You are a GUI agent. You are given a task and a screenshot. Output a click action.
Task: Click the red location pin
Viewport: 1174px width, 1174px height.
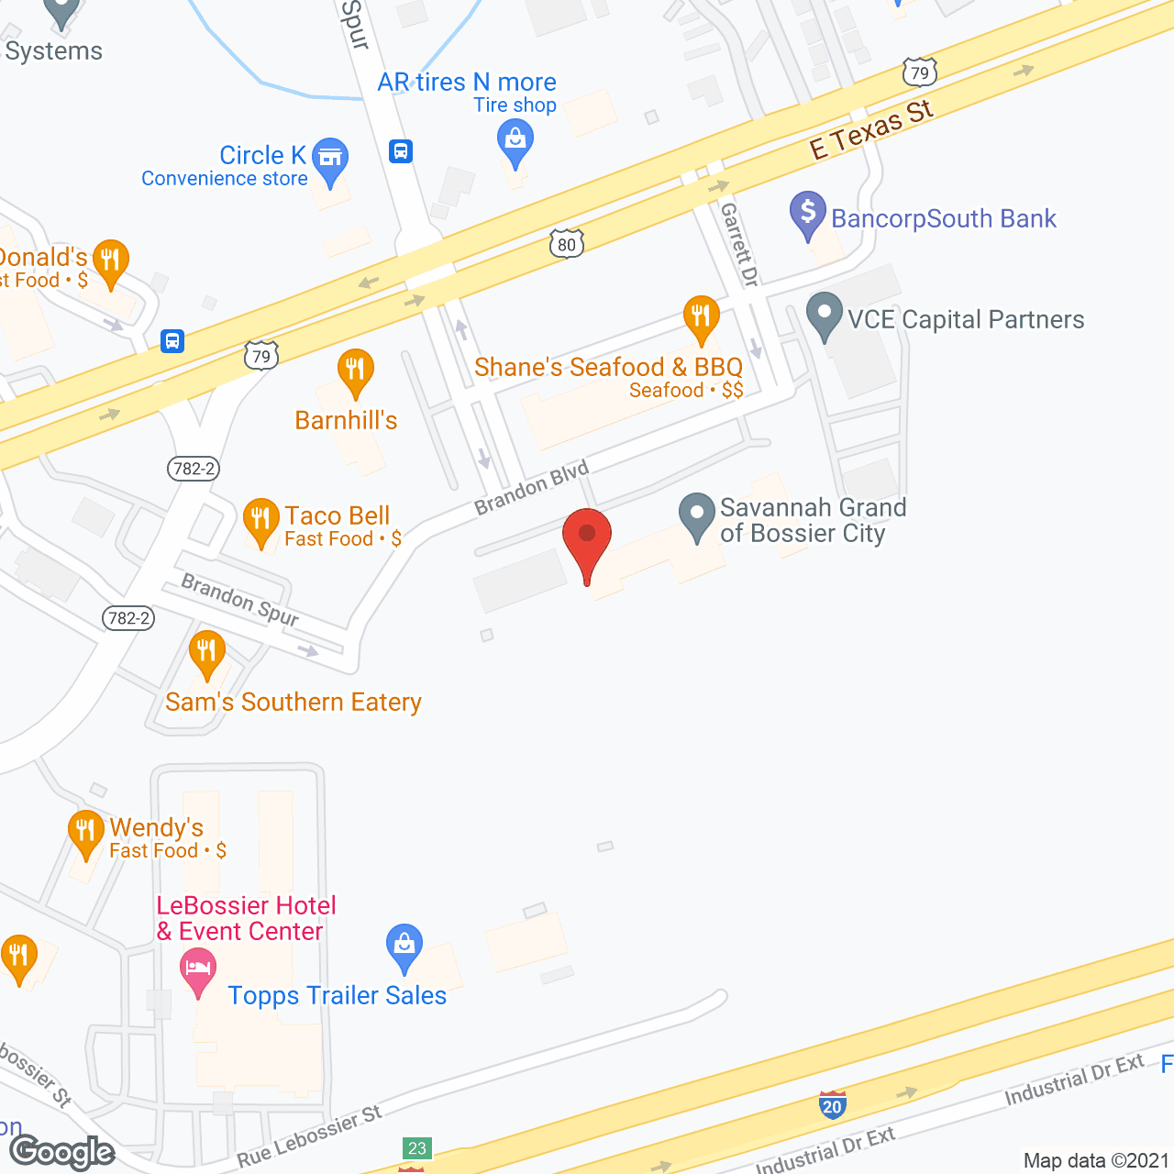point(586,537)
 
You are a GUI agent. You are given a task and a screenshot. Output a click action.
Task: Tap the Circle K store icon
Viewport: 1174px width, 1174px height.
point(330,158)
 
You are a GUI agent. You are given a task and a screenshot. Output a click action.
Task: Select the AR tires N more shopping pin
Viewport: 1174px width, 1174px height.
point(515,140)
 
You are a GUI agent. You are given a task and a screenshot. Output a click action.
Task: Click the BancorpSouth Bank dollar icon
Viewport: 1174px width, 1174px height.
point(808,212)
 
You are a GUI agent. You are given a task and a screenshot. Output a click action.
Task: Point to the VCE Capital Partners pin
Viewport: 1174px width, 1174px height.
point(825,315)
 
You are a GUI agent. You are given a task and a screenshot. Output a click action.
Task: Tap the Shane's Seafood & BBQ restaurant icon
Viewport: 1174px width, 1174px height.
point(702,316)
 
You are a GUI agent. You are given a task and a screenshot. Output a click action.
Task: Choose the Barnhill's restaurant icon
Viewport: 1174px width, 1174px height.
point(355,371)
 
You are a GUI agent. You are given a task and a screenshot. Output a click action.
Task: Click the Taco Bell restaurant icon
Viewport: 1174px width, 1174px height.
point(261,519)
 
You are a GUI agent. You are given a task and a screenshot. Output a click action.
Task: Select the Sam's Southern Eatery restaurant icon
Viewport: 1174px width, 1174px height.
point(207,651)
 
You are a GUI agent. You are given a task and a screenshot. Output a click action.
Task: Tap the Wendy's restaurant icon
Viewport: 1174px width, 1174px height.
point(86,832)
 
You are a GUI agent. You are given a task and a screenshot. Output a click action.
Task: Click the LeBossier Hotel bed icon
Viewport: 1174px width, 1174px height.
point(197,969)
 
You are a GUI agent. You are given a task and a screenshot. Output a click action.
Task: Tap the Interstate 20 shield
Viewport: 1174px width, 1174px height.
point(832,1105)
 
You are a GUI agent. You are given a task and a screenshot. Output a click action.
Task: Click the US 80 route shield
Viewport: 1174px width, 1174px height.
point(567,244)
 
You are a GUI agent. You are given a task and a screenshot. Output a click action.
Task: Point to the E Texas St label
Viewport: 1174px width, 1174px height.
point(871,130)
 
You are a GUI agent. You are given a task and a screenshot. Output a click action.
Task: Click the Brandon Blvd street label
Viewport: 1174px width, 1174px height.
point(531,488)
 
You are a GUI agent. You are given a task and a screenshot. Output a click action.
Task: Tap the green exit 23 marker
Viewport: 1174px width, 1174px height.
point(417,1148)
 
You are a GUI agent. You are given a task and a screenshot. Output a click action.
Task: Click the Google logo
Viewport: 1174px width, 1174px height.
point(62,1152)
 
